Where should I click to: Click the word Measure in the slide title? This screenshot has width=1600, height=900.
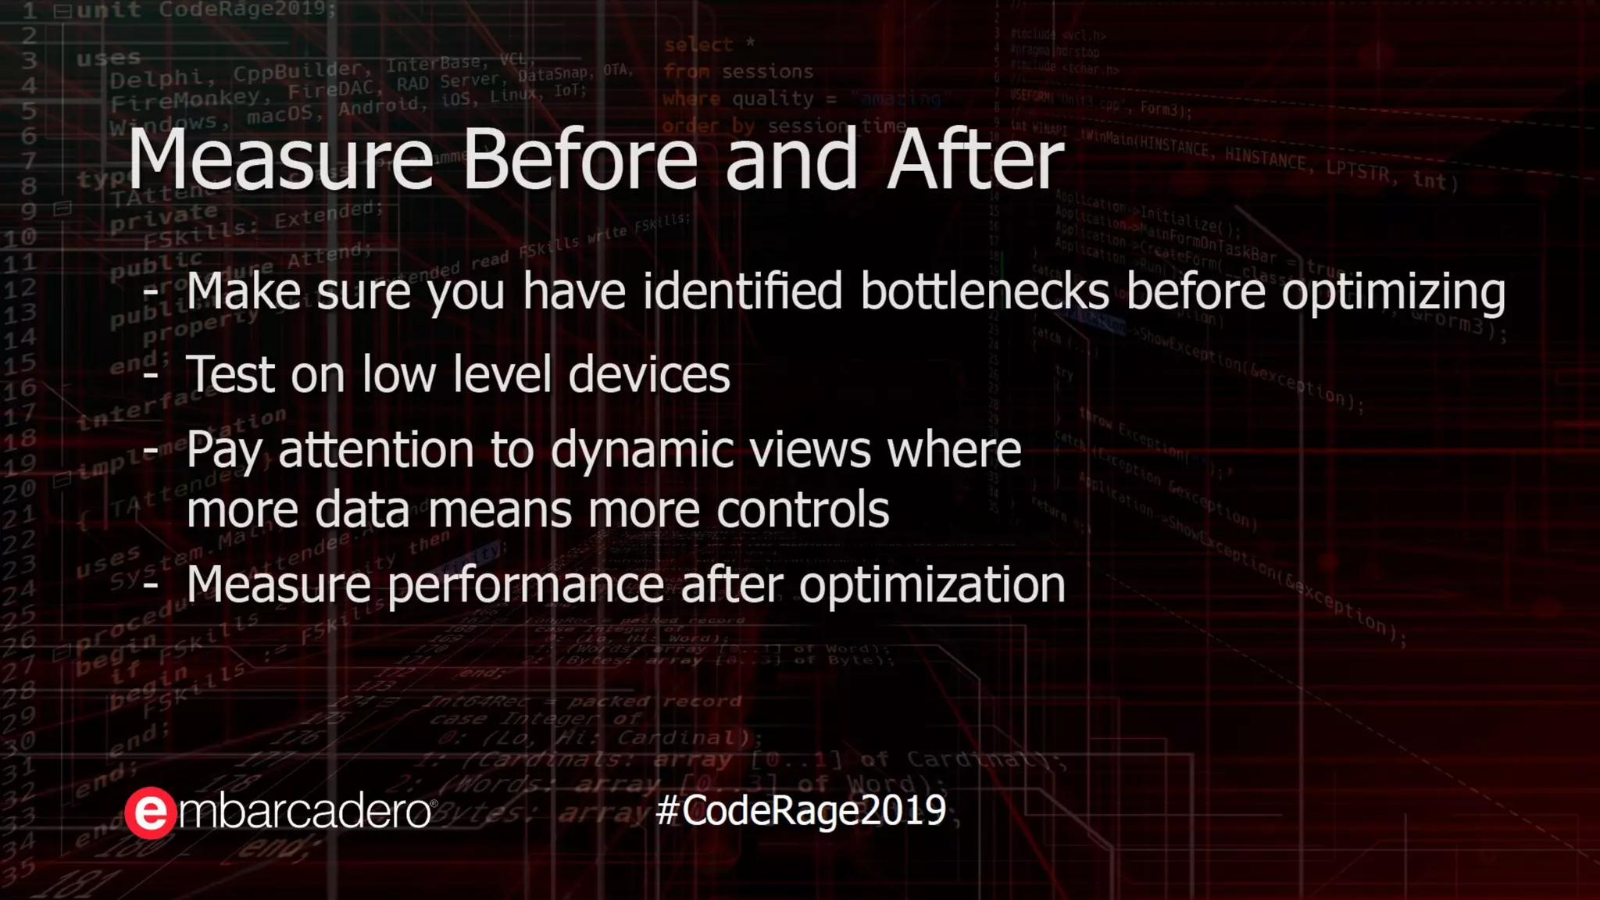pyautogui.click(x=280, y=160)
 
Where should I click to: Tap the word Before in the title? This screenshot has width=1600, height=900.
pyautogui.click(x=579, y=160)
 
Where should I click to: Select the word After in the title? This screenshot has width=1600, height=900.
pyautogui.click(x=974, y=160)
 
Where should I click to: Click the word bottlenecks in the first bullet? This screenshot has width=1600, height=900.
pyautogui.click(x=984, y=292)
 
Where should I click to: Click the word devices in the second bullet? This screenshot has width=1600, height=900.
pyautogui.click(x=648, y=374)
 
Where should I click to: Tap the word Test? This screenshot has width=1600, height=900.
pyautogui.click(x=230, y=374)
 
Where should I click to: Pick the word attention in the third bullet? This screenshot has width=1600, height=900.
pyautogui.click(x=376, y=451)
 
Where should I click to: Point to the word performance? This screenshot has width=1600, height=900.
pyautogui.click(x=525, y=586)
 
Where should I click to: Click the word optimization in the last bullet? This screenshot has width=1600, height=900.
pyautogui.click(x=931, y=586)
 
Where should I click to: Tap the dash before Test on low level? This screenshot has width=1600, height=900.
pyautogui.click(x=151, y=374)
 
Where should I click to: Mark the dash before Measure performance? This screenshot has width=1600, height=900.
pyautogui.click(x=151, y=585)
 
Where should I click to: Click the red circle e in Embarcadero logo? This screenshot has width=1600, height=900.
pyautogui.click(x=150, y=813)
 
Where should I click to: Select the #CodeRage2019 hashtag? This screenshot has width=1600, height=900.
pyautogui.click(x=801, y=811)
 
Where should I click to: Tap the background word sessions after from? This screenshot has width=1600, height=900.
pyautogui.click(x=767, y=72)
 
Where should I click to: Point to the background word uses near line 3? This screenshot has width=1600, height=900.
pyautogui.click(x=108, y=59)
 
